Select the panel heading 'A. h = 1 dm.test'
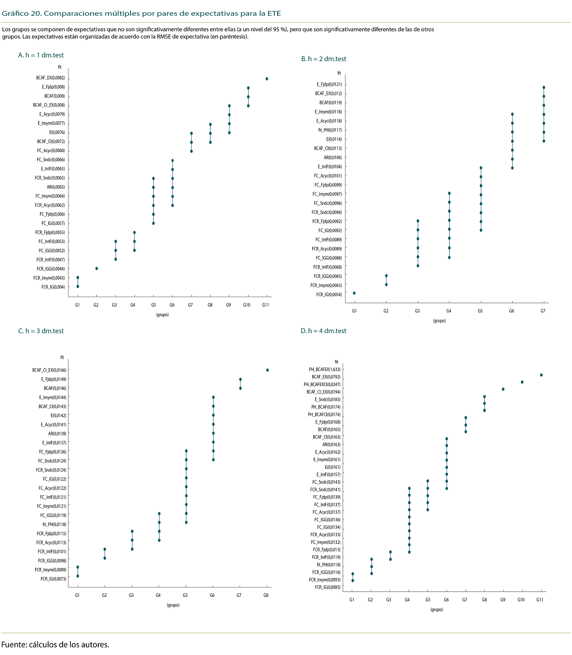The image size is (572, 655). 41,55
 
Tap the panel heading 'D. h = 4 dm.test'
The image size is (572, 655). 323,331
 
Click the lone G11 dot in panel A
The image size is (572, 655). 266,79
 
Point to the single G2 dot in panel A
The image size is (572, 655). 96,269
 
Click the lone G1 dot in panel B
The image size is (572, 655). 354,293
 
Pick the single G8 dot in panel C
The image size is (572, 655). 267,370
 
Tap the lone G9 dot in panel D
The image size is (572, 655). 503,389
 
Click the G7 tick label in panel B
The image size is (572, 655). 543,311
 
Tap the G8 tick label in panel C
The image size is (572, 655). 266,595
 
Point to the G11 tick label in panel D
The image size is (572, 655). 539,600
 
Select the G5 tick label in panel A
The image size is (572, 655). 153,305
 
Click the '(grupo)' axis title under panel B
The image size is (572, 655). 439,321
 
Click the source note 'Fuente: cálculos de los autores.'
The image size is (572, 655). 55,645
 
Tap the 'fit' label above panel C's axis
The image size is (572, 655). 62,358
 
